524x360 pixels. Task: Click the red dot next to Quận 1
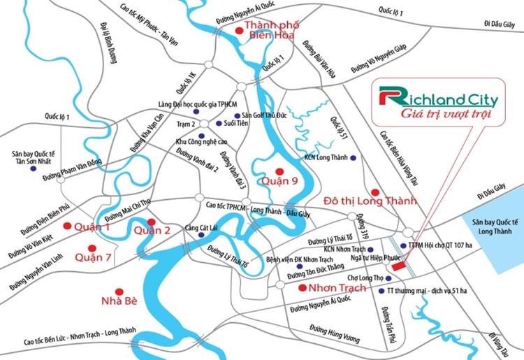pos(68,226)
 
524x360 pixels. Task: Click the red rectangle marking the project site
pos(398,266)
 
